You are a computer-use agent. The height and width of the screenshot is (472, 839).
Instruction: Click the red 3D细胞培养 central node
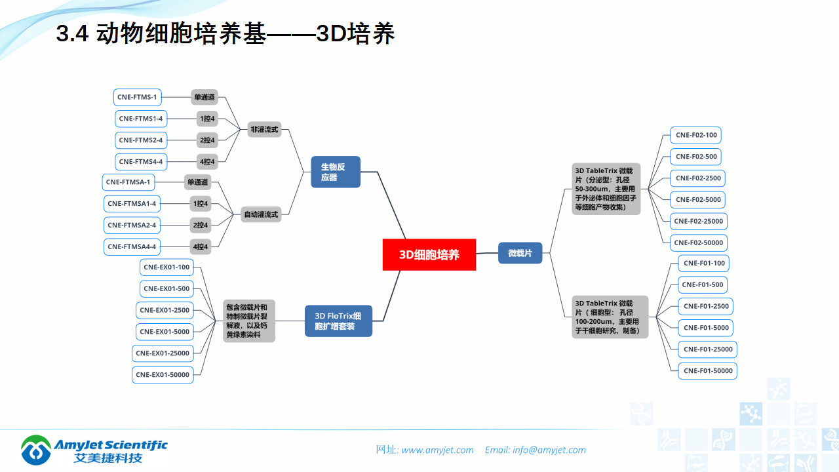[x=429, y=254]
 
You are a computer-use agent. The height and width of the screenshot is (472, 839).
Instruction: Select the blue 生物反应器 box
[x=336, y=172]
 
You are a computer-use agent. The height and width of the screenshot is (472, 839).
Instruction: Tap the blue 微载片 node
[x=520, y=252]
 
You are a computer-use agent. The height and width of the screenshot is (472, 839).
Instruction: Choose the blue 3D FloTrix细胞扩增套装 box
[x=338, y=321]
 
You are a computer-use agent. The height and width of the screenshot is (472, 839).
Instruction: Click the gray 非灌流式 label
[x=264, y=129]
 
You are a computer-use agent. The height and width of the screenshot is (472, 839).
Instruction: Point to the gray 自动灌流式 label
[x=261, y=214]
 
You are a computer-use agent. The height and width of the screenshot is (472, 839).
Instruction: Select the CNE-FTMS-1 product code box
[x=137, y=97]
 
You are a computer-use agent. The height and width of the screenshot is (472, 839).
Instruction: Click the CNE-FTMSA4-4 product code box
[x=132, y=246]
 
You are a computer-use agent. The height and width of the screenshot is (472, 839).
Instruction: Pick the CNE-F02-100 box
[x=696, y=135]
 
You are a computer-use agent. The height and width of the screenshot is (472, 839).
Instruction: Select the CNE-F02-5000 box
[x=698, y=199]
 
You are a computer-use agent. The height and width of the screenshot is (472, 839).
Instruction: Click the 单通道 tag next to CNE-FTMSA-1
[x=197, y=182]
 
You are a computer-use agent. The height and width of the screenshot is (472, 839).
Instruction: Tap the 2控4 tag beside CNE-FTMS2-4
[x=207, y=140]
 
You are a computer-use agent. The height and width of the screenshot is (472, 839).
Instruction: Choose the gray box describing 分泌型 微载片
[x=607, y=189]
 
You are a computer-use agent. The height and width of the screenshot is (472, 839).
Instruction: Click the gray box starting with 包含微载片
[x=249, y=321]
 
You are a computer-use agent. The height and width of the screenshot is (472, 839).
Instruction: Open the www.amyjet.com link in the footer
[x=437, y=450]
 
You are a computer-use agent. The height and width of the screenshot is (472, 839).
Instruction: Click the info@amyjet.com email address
[x=549, y=450]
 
